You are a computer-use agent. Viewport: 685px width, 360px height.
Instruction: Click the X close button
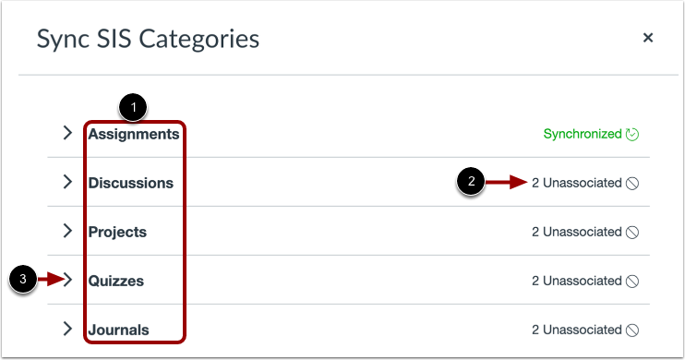coord(648,38)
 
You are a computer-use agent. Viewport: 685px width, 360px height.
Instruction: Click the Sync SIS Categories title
coord(148,39)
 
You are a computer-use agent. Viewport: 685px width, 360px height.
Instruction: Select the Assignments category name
coord(134,134)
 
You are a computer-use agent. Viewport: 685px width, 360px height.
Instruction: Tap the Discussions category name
coord(131,183)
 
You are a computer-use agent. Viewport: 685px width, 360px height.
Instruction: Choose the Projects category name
coord(117,232)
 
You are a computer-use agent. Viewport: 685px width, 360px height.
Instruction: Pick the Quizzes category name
coord(116,281)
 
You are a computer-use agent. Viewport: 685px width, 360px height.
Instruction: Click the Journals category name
coord(119,330)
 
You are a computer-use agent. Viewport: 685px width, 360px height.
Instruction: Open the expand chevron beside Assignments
coord(67,133)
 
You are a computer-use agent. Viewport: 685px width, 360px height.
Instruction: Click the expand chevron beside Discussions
coord(67,182)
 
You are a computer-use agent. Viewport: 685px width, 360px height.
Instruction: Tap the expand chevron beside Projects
coord(67,231)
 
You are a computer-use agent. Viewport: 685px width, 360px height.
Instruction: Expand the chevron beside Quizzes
coord(67,280)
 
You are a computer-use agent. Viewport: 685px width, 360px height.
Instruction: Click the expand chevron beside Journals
coord(67,329)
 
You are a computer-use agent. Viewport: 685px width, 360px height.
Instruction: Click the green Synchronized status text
coord(583,134)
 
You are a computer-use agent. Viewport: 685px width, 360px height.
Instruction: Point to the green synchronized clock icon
coord(632,134)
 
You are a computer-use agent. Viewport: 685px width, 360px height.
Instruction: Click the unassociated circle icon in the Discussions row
coord(632,183)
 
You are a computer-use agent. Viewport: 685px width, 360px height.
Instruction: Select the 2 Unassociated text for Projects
coord(576,232)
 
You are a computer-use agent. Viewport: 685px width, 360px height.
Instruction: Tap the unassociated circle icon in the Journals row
coord(632,330)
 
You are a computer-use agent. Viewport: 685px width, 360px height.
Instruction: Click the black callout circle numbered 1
coord(135,107)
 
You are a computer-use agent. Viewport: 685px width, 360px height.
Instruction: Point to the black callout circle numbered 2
coord(472,183)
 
